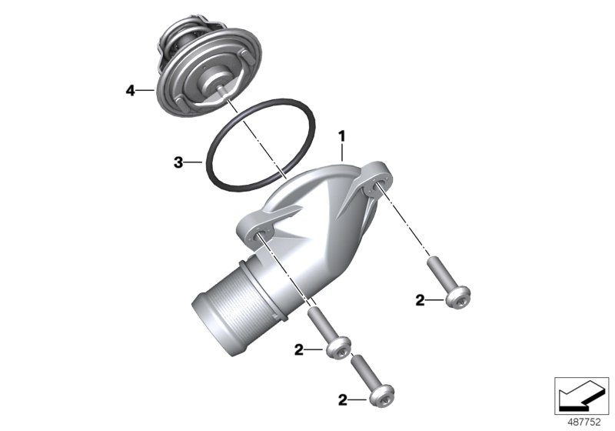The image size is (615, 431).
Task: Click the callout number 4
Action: pos(130,91)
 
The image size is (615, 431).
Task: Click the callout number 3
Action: pos(178,162)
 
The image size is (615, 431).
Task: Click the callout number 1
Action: pos(342,136)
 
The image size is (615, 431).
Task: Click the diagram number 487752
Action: pos(584,423)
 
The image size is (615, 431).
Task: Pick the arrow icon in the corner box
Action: pos(581,396)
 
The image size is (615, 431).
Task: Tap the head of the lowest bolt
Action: pos(381,395)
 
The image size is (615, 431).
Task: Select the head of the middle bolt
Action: pos(339,347)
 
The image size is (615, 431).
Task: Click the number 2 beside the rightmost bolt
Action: pos(420,301)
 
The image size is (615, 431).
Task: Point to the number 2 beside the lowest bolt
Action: pos(343,400)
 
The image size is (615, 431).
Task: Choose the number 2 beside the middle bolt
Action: pos(299,349)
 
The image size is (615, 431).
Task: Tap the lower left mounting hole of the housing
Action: pos(261,235)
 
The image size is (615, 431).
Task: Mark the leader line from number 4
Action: pos(146,91)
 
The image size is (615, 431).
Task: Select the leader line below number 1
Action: pos(342,152)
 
